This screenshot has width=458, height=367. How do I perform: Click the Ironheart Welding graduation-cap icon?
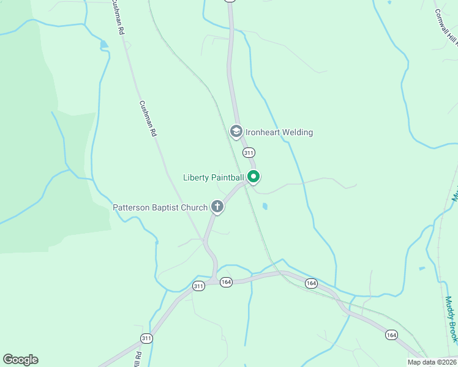coord(236,132)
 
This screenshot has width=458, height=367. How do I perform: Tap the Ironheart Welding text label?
coord(279,132)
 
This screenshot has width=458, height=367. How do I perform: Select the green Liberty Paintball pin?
coord(253,177)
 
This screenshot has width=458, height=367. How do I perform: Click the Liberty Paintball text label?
coord(214,178)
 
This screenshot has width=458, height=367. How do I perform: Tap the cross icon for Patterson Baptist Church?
coord(217,207)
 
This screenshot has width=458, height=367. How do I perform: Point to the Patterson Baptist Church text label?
coord(160,207)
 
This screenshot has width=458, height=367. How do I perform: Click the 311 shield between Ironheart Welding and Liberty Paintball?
coord(248,152)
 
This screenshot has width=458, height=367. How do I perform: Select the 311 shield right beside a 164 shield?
coord(198,286)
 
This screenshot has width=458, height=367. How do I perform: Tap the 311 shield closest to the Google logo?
coord(146,338)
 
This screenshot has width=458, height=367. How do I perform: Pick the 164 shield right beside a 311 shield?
coord(226,281)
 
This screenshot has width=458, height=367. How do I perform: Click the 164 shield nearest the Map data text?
coord(391,335)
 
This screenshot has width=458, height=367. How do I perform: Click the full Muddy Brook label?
coord(451,319)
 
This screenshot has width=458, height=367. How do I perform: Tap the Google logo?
coord(20,360)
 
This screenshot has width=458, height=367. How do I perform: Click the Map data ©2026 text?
coord(432,362)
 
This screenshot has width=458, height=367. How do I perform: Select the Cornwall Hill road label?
coord(446,28)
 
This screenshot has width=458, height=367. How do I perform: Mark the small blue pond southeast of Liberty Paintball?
coord(265,207)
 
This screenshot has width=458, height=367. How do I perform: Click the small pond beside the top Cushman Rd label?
coord(104,44)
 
